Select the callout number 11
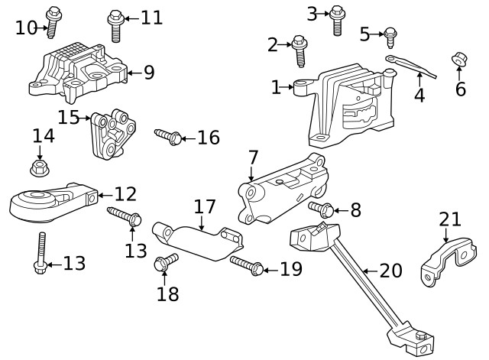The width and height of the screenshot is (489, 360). pos(151,17)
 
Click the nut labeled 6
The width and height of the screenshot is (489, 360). pos(459,59)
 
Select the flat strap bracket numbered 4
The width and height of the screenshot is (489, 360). pos(410,66)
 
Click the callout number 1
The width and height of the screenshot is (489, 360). pos(277,88)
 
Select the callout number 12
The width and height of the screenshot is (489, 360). pos(125,194)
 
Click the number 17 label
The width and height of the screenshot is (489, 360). pos(204,206)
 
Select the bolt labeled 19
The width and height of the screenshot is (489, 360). pos(246,265)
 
